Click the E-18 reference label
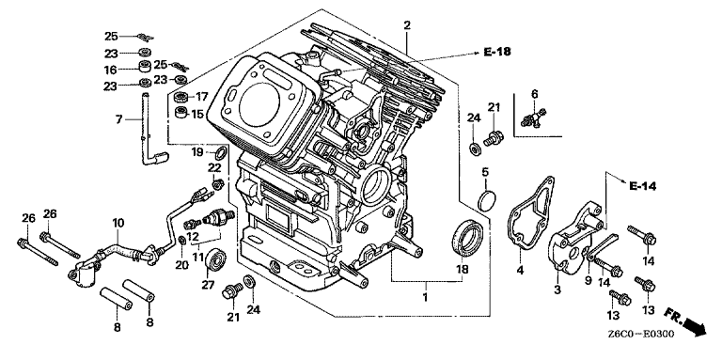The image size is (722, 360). click(497, 52)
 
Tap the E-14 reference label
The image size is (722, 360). click(642, 186)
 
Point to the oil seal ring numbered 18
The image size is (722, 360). click(467, 237)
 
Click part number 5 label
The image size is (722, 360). click(485, 173)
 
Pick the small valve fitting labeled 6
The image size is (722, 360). click(534, 117)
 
